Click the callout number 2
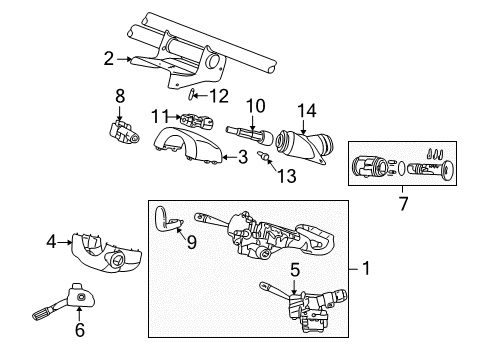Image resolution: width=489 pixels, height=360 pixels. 108,60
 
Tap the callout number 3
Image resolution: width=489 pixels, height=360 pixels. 242,157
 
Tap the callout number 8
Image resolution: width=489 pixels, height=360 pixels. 120,97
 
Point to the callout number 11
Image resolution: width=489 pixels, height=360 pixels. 158,117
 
